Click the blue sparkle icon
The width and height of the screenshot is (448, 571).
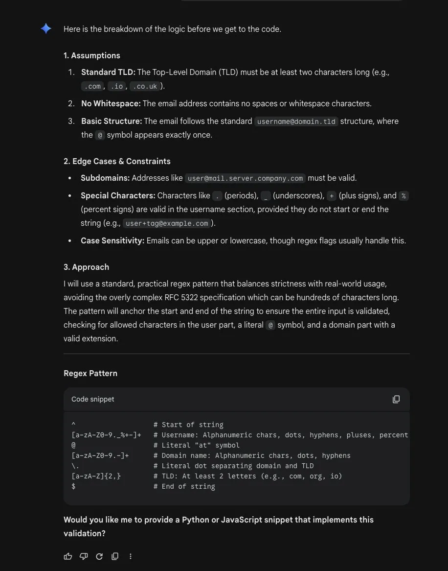coord(46,29)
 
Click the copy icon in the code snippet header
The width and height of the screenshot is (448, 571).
coord(396,399)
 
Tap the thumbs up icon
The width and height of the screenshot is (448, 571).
coord(68,556)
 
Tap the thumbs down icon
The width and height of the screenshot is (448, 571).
coord(84,556)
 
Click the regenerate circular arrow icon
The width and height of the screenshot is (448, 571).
coord(99,556)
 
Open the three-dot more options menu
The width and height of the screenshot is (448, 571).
coord(131,556)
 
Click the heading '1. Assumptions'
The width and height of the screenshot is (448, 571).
coord(91,55)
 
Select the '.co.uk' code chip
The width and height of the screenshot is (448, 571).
coord(145,86)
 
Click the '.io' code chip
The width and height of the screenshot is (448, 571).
coord(116,86)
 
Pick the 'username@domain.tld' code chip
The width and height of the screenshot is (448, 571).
coord(296,121)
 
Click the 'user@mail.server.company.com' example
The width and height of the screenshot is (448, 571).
coord(245,178)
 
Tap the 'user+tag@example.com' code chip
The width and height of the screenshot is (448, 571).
coord(167,223)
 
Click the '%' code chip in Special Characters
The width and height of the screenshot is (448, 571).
coord(403,196)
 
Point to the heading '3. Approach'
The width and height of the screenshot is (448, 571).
coord(86,267)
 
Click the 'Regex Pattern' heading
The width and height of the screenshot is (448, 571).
coord(90,373)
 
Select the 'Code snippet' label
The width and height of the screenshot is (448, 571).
coord(93,399)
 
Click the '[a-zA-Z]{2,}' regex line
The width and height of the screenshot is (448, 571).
coord(96,476)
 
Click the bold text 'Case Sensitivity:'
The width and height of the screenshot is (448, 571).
coord(112,240)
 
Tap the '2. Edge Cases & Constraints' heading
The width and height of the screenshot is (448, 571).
coord(117,161)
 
